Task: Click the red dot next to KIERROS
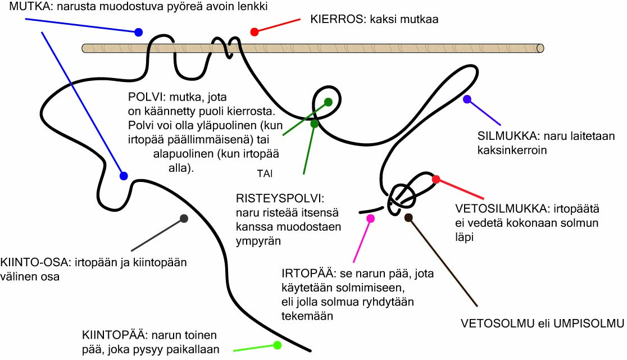point(255,31)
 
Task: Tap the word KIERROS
point(335,19)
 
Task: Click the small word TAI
point(264,174)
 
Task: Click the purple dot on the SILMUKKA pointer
point(467,99)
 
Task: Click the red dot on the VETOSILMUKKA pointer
point(436,179)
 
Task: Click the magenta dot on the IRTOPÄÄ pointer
point(370,218)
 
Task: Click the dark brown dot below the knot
point(408,217)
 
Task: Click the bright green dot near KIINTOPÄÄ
point(277,345)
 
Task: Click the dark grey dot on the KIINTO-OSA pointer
point(184,218)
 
